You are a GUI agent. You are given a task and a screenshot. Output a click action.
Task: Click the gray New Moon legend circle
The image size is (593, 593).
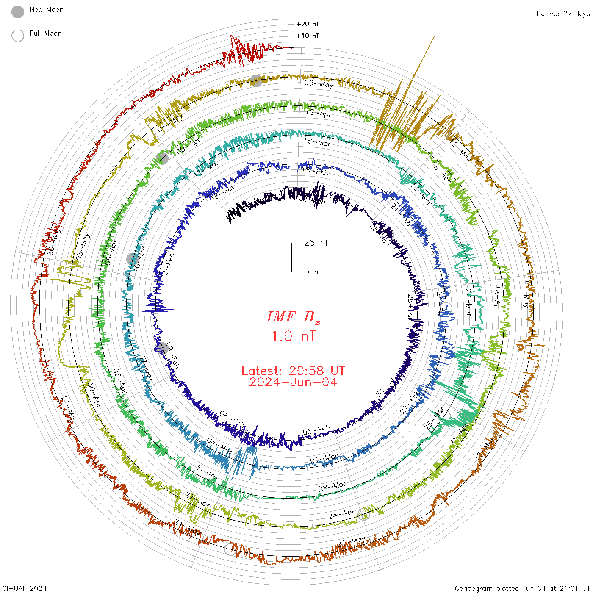click(18, 12)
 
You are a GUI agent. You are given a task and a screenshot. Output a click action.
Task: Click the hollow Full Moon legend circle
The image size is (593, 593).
click(18, 36)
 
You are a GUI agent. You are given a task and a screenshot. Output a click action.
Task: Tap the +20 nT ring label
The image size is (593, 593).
click(308, 24)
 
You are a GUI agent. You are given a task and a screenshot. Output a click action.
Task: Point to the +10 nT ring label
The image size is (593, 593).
click(308, 36)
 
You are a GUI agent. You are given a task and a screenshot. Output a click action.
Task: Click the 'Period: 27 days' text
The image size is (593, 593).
click(563, 14)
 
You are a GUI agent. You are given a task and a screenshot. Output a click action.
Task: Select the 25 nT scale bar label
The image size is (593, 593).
click(316, 243)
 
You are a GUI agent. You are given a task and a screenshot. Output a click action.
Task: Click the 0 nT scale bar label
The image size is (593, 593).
click(313, 272)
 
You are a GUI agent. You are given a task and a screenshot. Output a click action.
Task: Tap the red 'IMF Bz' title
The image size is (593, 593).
click(293, 317)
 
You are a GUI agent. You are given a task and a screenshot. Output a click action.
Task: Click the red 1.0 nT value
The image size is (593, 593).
click(293, 336)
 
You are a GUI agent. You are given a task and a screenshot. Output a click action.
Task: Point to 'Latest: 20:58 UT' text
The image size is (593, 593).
click(293, 371)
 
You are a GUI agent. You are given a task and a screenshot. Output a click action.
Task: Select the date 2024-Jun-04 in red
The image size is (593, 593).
click(293, 382)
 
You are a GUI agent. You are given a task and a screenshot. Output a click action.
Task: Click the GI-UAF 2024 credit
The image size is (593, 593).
click(24, 588)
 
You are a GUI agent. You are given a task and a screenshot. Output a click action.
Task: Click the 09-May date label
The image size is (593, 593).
click(319, 84)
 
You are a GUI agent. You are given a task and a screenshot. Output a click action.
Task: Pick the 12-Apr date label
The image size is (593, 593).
click(319, 113)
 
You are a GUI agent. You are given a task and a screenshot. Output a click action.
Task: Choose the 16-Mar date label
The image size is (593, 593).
click(317, 142)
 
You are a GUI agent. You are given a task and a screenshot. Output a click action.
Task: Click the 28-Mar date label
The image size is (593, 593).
click(332, 487)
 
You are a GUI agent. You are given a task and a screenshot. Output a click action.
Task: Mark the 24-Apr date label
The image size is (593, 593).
click(341, 515)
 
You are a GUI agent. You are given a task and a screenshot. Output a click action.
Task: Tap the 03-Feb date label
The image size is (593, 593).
click(316, 431)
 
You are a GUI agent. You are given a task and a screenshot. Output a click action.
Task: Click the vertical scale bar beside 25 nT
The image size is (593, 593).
click(291, 257)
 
